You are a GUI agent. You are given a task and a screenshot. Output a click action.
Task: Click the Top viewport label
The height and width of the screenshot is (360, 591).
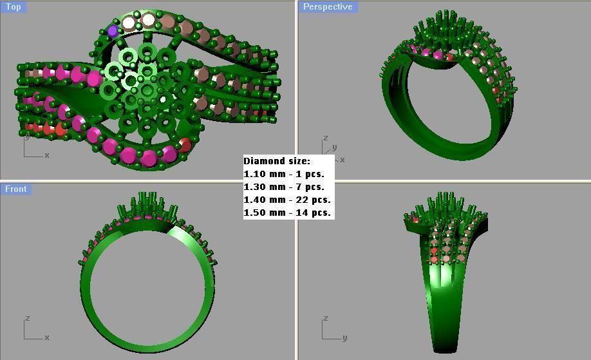click(x=13, y=6)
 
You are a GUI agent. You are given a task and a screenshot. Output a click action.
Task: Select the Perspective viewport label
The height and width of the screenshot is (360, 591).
click(x=328, y=6)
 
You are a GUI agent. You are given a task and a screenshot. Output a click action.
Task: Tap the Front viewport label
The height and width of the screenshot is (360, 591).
click(x=16, y=189)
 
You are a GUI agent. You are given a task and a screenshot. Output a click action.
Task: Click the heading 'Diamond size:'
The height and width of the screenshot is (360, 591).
click(x=277, y=161)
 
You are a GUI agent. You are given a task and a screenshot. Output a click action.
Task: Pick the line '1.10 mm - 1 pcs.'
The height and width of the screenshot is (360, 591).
click(x=284, y=174)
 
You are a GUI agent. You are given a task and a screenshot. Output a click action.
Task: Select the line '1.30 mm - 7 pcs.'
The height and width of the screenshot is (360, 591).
click(x=284, y=187)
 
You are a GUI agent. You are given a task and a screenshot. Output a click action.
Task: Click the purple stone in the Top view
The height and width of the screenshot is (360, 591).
click(x=113, y=31)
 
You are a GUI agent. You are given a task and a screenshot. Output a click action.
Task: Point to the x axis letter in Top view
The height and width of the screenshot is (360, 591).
click(x=46, y=155)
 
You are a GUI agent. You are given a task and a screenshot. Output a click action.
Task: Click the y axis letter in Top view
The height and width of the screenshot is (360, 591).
click(x=27, y=136)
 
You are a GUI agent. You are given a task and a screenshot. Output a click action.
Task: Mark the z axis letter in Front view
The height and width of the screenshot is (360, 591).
click(x=27, y=318)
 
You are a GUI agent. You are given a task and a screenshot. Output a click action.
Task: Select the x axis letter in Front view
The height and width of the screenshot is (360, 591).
click(x=46, y=337)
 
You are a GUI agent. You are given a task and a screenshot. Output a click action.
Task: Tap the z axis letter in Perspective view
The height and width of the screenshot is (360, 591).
click(x=326, y=138)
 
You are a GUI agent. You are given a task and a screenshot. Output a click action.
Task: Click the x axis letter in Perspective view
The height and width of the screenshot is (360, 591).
click(x=342, y=160)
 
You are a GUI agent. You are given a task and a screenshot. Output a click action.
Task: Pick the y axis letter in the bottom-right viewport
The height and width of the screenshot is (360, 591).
click(x=344, y=337)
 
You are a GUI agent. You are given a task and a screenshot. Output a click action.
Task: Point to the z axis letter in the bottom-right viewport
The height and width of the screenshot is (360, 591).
click(x=326, y=318)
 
